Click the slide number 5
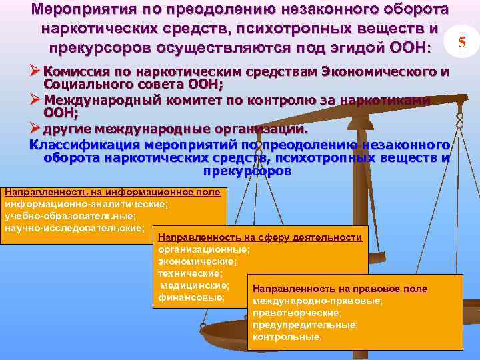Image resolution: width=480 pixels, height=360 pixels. [x=461, y=42]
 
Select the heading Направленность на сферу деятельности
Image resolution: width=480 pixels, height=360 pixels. [x=260, y=237]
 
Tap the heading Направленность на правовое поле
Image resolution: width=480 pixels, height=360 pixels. [x=340, y=289]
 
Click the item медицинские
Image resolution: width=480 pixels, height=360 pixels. [x=195, y=285]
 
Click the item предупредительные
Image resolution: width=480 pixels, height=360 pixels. [x=305, y=325]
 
